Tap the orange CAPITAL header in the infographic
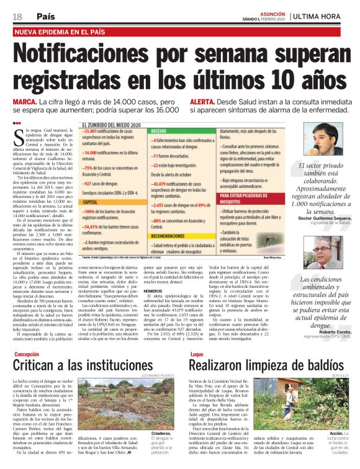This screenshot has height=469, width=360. tap(92, 202)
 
